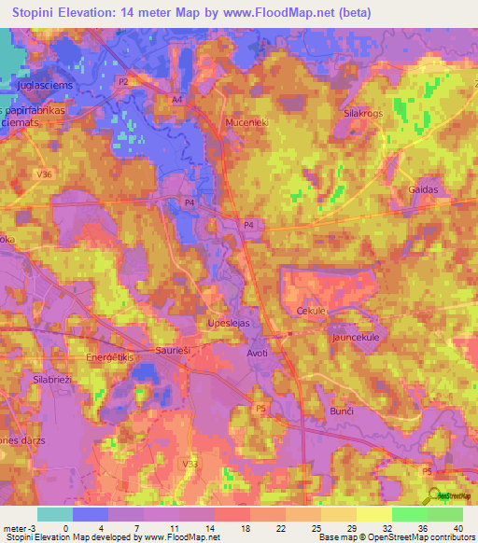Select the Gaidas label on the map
click(423, 189)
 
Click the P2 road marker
click(122, 82)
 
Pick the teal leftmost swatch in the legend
click(55, 514)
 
